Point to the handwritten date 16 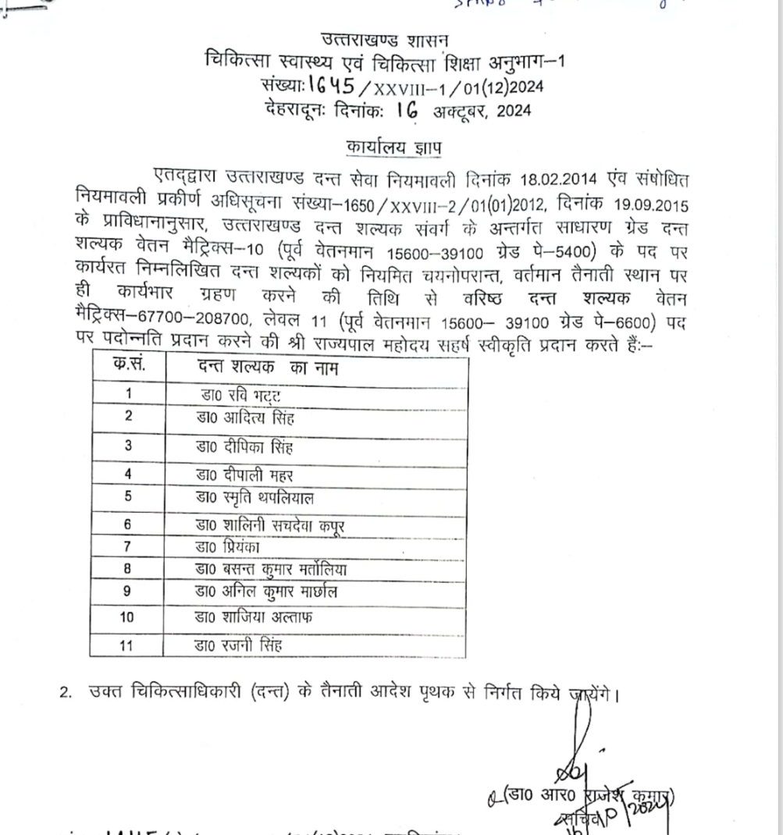click(x=407, y=110)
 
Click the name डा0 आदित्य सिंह click(x=245, y=418)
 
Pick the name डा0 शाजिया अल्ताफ click(x=254, y=617)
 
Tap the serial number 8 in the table click(x=127, y=570)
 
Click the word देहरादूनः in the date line click(x=300, y=111)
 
